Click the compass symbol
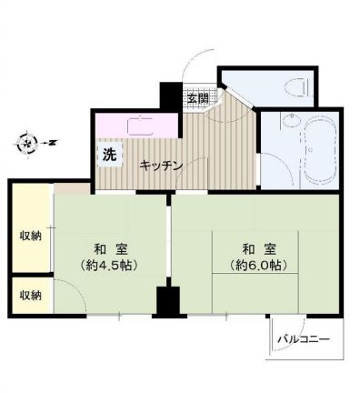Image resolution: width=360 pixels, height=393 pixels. (29, 142)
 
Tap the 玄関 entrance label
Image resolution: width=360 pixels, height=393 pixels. (198, 97)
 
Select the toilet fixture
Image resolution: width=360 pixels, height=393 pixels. (294, 86)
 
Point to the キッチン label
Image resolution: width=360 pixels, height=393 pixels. (162, 166)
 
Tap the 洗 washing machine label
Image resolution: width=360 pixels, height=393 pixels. (109, 154)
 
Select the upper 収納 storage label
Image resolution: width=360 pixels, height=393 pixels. (31, 237)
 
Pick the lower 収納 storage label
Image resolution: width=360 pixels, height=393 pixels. (31, 295)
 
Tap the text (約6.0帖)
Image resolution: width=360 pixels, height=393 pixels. (254, 266)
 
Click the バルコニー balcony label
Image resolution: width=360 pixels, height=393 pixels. (305, 339)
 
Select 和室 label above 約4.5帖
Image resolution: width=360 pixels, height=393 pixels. (106, 248)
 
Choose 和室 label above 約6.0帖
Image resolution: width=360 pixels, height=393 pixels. (254, 248)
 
